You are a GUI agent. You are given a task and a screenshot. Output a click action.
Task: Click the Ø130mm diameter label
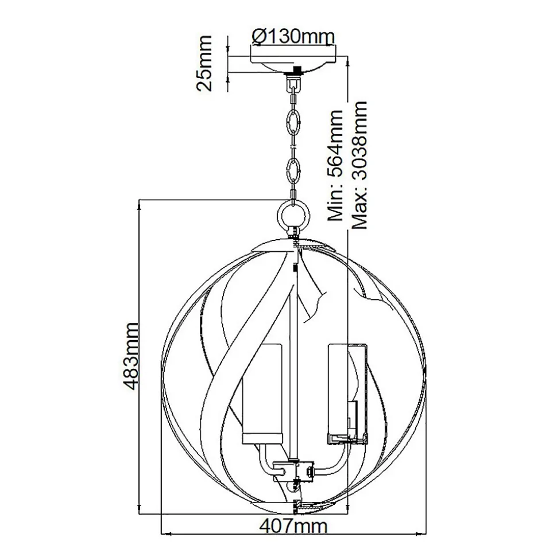pos(293,37)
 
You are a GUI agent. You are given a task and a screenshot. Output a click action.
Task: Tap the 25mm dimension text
pos(204,63)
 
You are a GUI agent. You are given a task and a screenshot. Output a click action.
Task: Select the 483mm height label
pos(129,356)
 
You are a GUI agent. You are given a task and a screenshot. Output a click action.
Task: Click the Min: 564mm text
pos(335,165)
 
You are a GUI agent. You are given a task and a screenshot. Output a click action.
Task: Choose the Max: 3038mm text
pos(359,165)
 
